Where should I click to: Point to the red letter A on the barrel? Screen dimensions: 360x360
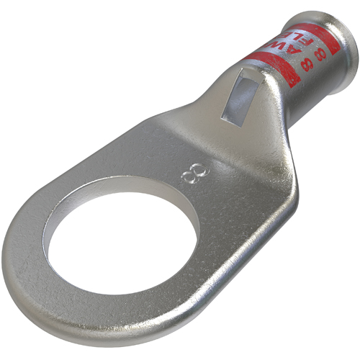coord(294,51)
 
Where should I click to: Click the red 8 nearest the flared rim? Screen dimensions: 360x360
coord(320,54)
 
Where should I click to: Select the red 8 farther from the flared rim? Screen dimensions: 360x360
coord(308,64)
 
